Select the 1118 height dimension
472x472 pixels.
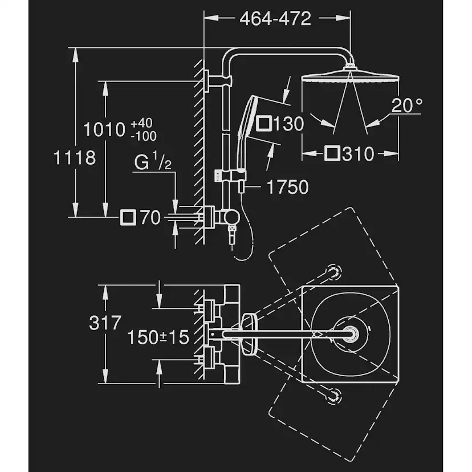75,157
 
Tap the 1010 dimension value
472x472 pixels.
104,129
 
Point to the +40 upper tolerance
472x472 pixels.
142,123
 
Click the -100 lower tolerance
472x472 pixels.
143,136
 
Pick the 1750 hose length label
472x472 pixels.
288,186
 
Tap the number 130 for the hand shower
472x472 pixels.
288,124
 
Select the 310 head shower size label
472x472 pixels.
359,153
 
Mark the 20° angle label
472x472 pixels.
407,105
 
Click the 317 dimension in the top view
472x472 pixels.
105,323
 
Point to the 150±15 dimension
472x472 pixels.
158,337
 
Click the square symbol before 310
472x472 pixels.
332,153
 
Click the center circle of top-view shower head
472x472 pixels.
349,333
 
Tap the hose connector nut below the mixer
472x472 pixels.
231,230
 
